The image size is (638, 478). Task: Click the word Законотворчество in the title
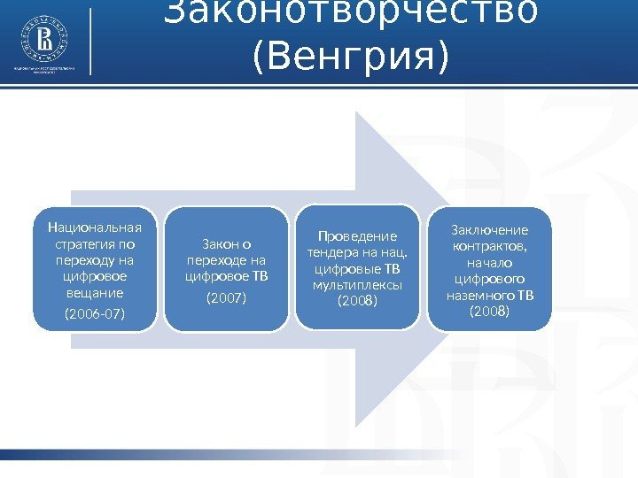[351, 13]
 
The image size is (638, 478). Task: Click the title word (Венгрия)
[351, 55]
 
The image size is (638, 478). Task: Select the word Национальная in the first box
[95, 227]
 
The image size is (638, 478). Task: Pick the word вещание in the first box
[95, 291]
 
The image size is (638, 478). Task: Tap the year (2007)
[227, 298]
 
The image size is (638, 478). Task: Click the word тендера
[331, 252]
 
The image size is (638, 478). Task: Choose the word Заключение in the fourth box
[489, 230]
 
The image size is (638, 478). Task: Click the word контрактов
[489, 246]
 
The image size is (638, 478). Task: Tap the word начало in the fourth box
[489, 263]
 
